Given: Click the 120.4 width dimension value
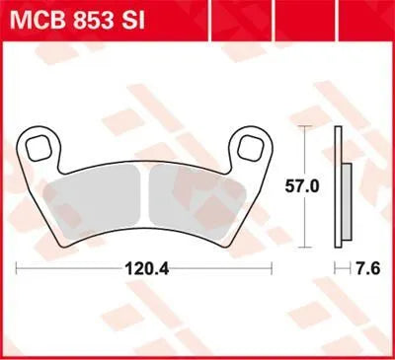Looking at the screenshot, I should click(144, 267).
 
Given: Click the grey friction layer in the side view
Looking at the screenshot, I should click(346, 187).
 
